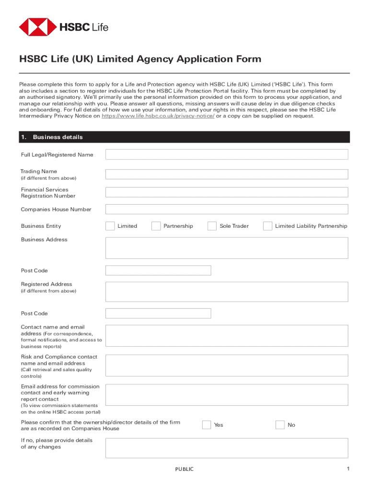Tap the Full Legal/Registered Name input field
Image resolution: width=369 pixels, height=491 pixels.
(x=227, y=154)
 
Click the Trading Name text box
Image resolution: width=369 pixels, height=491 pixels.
(x=227, y=174)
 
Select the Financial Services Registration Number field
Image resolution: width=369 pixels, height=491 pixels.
(x=227, y=192)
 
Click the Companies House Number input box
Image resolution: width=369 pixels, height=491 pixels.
(x=227, y=209)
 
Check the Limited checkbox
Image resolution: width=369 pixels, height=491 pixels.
(x=110, y=226)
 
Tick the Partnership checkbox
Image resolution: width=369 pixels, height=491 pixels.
(x=156, y=226)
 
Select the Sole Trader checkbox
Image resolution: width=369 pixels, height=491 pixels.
(x=212, y=226)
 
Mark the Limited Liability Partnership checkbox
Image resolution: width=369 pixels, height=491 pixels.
(x=267, y=226)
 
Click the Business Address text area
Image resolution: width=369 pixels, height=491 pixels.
(x=227, y=247)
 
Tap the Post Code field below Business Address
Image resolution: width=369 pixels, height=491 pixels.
(x=158, y=270)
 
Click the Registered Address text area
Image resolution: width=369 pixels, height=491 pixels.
(x=227, y=292)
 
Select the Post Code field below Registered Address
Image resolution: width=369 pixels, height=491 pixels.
(x=158, y=314)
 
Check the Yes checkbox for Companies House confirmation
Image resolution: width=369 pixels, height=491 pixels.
(x=207, y=425)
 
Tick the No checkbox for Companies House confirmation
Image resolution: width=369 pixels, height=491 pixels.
(x=280, y=425)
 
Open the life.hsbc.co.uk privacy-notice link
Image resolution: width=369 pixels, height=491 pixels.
(x=158, y=116)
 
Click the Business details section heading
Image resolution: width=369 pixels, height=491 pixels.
(x=58, y=137)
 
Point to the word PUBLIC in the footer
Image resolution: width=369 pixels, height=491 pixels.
(x=184, y=469)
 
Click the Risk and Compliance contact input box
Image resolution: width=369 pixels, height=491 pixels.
(x=227, y=365)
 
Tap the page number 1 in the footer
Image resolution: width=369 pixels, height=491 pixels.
(x=349, y=468)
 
